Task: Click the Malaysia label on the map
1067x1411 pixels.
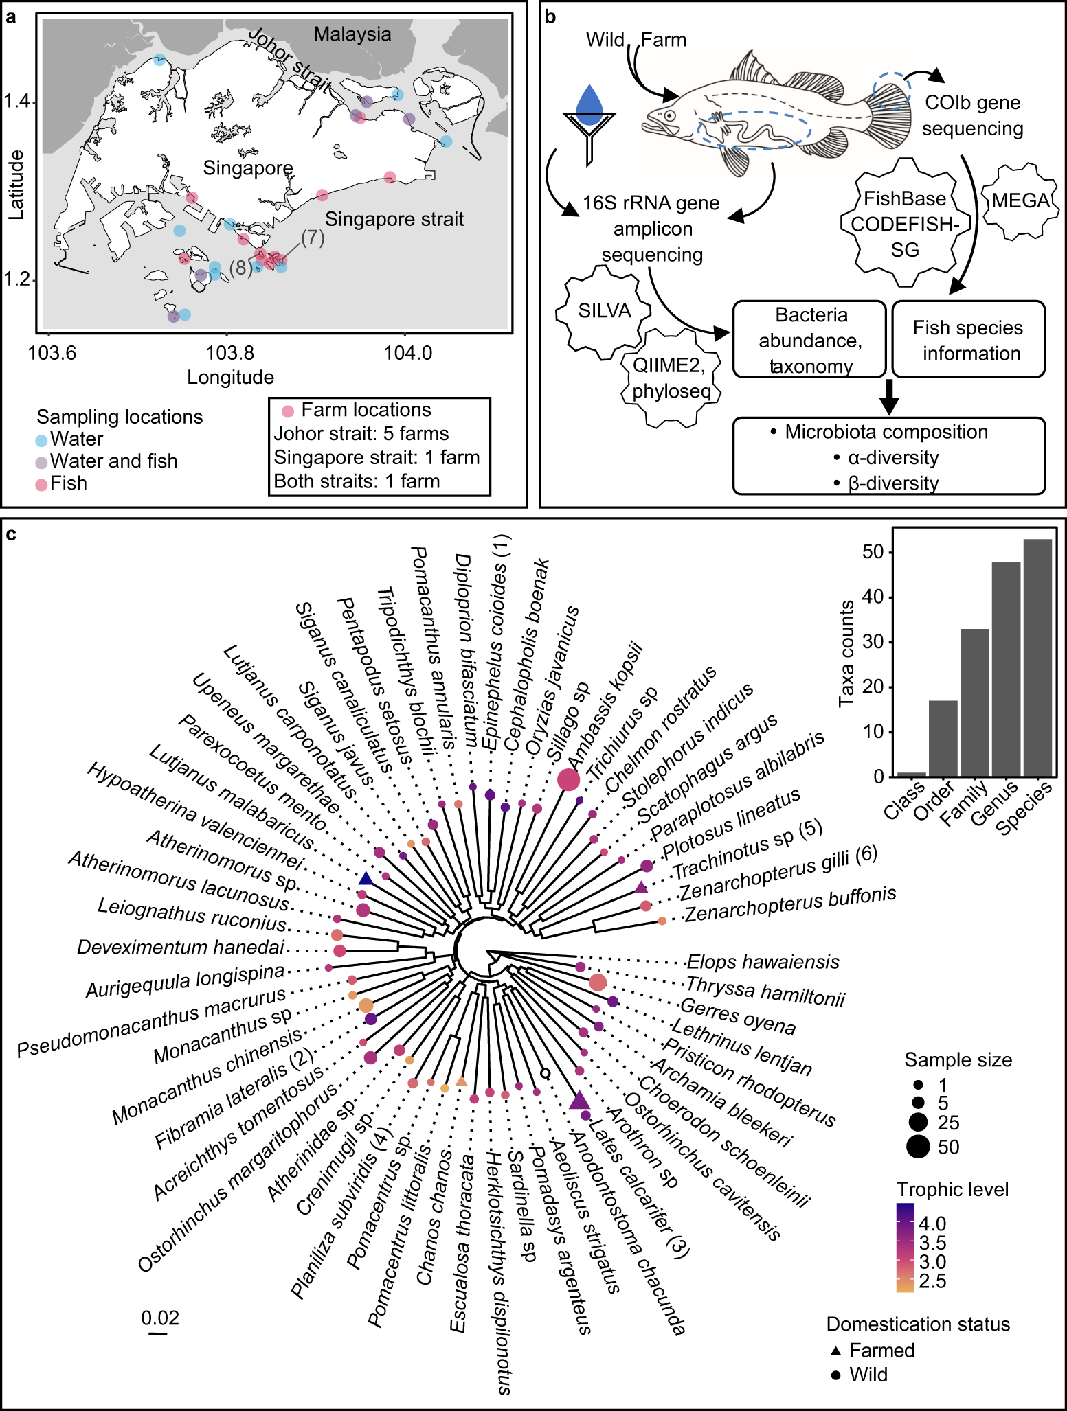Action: pyautogui.click(x=352, y=34)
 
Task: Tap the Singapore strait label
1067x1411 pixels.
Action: pyautogui.click(x=394, y=219)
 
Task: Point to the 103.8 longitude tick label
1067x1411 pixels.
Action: pyautogui.click(x=230, y=353)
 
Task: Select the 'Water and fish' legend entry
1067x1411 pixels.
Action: pyautogui.click(x=113, y=461)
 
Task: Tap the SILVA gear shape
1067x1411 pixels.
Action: pyautogui.click(x=604, y=311)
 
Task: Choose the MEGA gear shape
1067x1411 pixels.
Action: pyautogui.click(x=1020, y=201)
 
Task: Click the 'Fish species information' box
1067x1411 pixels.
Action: pyautogui.click(x=968, y=340)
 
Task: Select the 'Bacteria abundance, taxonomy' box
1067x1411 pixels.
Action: pyautogui.click(x=809, y=340)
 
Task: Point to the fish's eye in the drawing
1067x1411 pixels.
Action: pyautogui.click(x=669, y=116)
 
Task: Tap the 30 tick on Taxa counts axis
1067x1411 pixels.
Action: pyautogui.click(x=872, y=642)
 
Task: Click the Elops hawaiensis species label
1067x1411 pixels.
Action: pyautogui.click(x=763, y=962)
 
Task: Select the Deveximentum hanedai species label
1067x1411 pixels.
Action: pyautogui.click(x=181, y=948)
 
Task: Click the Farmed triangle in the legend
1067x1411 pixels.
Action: pyautogui.click(x=835, y=1351)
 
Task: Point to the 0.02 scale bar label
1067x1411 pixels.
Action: pyautogui.click(x=159, y=1318)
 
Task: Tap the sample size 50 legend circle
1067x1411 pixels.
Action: pyautogui.click(x=918, y=1147)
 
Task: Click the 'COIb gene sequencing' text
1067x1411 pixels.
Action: pyautogui.click(x=972, y=115)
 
